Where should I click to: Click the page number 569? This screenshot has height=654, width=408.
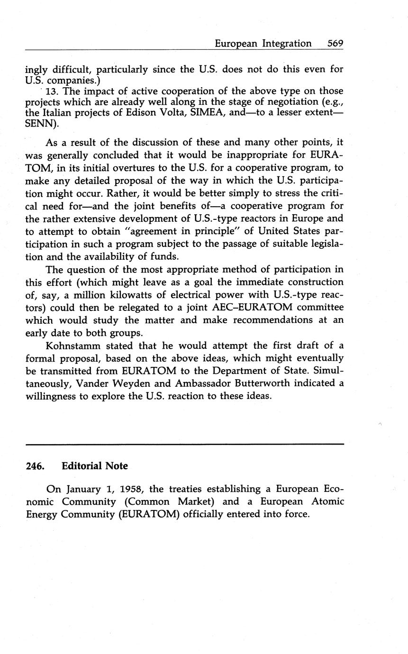pyautogui.click(x=335, y=44)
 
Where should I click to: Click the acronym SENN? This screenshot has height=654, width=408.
pyautogui.click(x=39, y=124)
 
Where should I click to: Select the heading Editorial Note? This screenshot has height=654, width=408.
pyautogui.click(x=95, y=466)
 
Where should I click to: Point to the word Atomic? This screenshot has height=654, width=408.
pyautogui.click(x=327, y=501)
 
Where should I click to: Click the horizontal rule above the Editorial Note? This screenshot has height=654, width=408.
pyautogui.click(x=184, y=444)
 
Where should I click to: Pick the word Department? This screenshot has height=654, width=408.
pyautogui.click(x=225, y=371)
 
